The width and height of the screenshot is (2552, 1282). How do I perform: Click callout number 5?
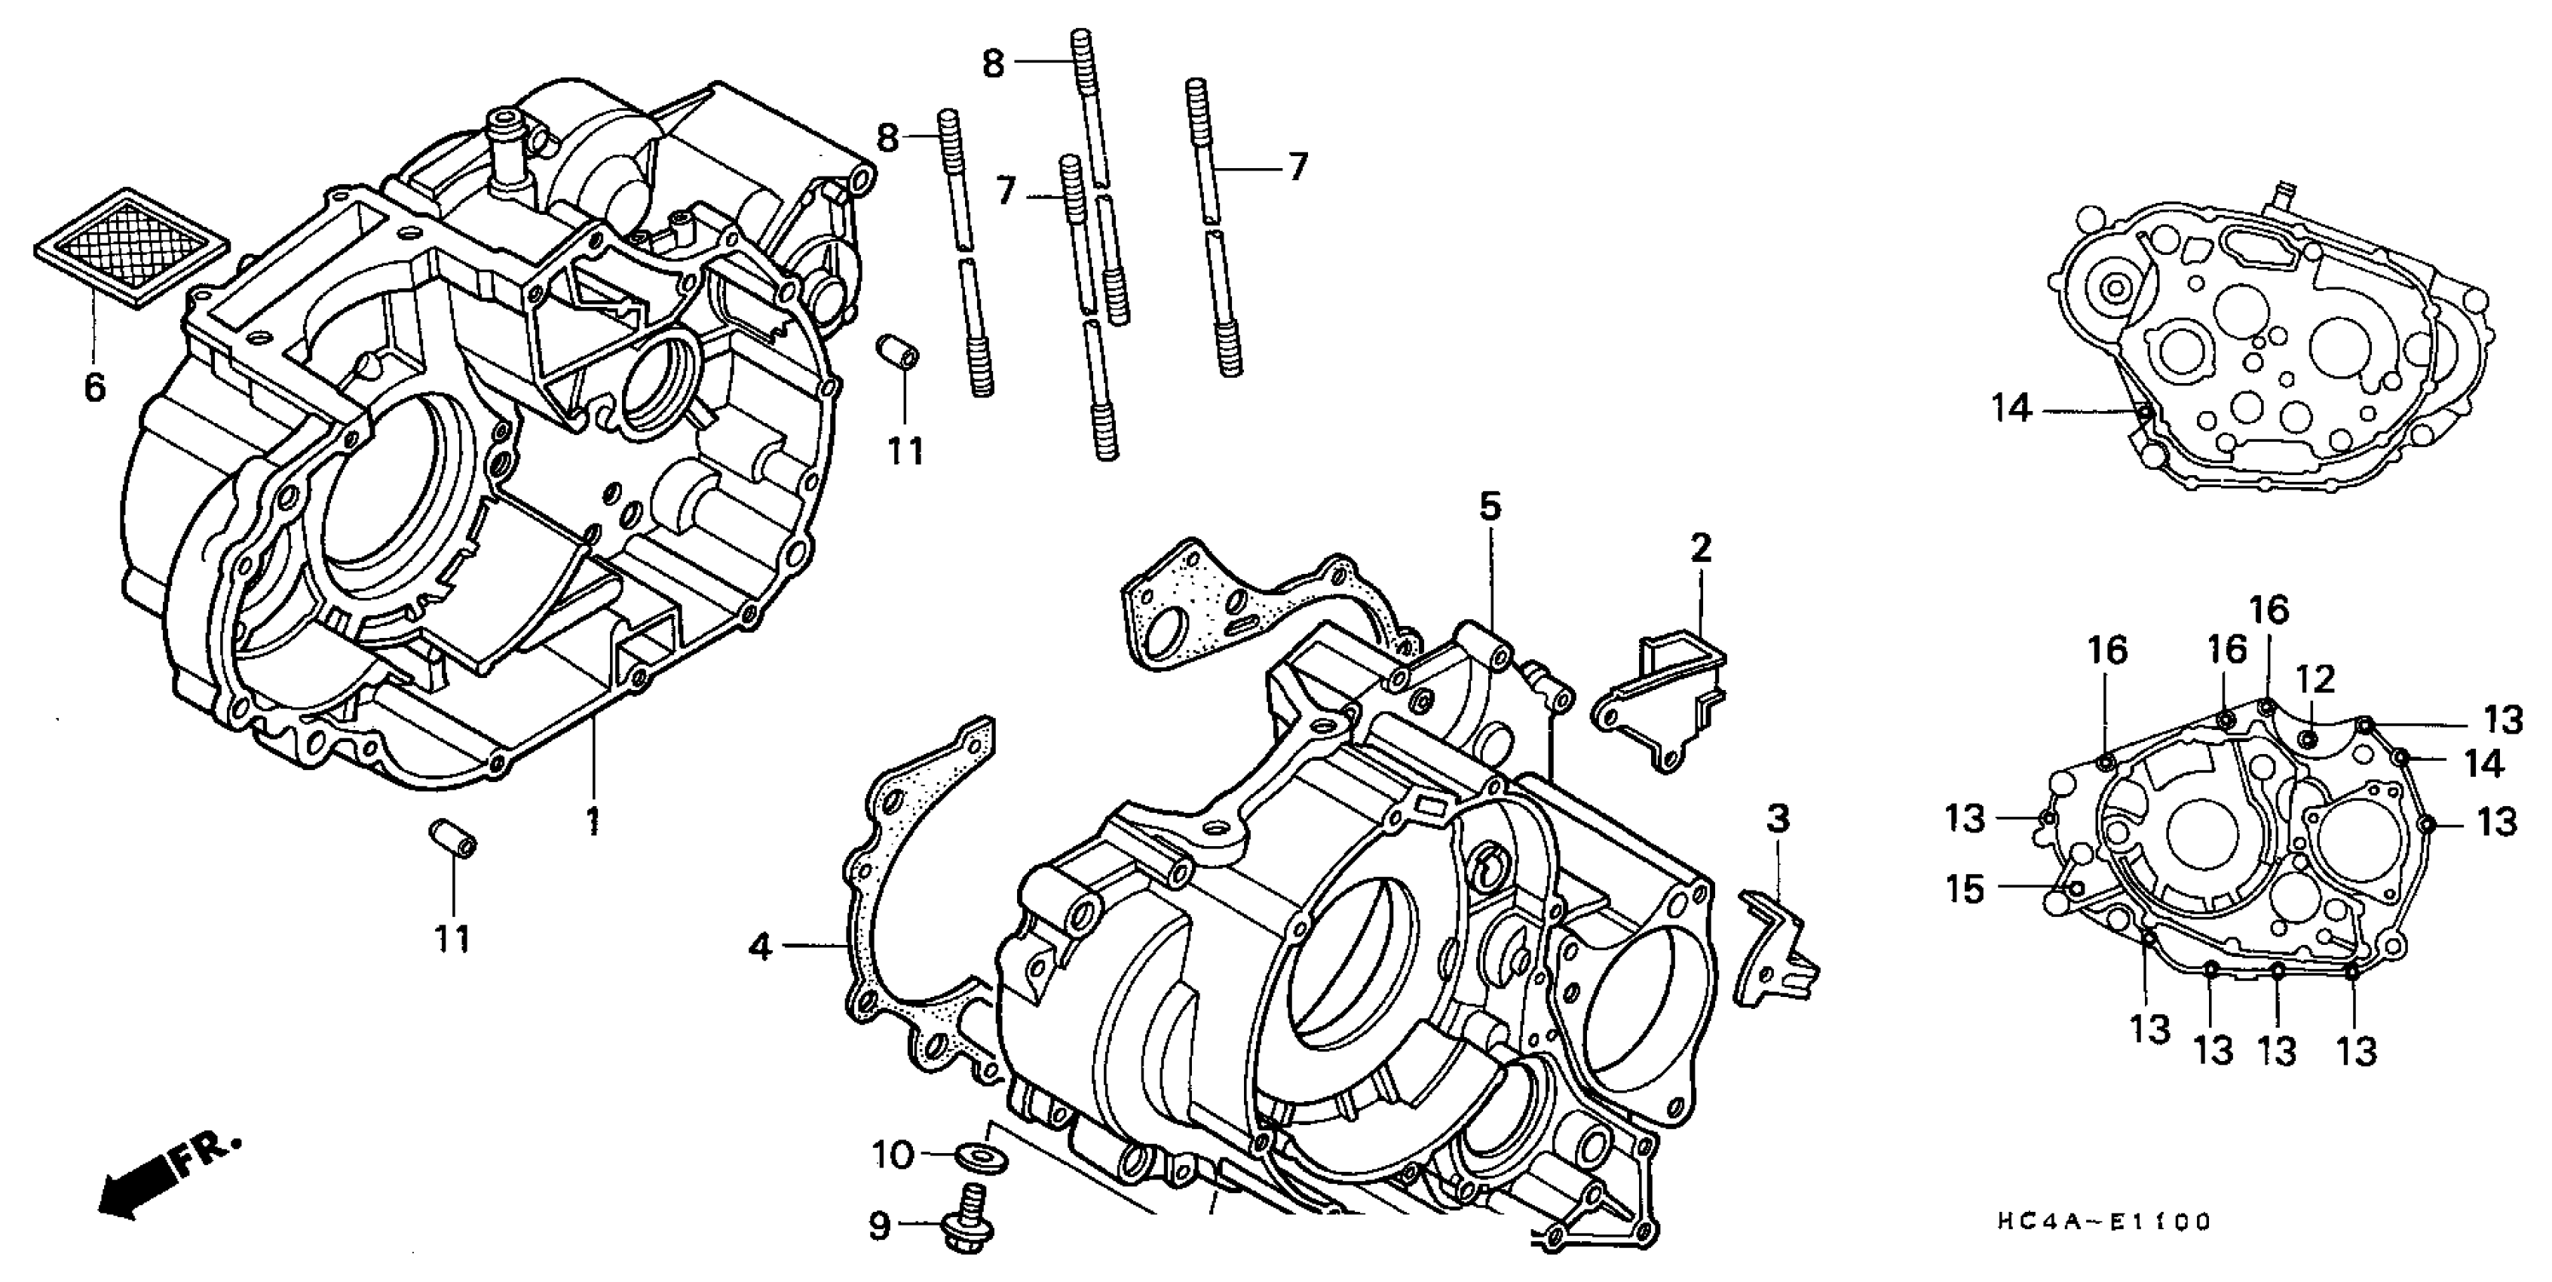coord(1490,508)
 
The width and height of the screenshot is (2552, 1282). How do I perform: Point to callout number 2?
coord(1700,548)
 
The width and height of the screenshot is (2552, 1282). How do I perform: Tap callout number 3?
coord(1778,820)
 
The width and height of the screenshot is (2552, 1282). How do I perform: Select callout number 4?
coord(760,947)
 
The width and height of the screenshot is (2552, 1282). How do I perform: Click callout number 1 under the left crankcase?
coord(593,820)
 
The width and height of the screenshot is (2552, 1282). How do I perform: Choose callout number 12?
coord(2316,679)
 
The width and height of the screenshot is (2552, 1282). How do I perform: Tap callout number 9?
coord(880,1228)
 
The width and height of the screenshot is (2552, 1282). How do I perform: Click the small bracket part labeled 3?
coord(1773,951)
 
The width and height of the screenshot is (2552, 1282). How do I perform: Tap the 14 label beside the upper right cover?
coord(2012,408)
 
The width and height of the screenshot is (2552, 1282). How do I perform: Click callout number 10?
coord(892,1155)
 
